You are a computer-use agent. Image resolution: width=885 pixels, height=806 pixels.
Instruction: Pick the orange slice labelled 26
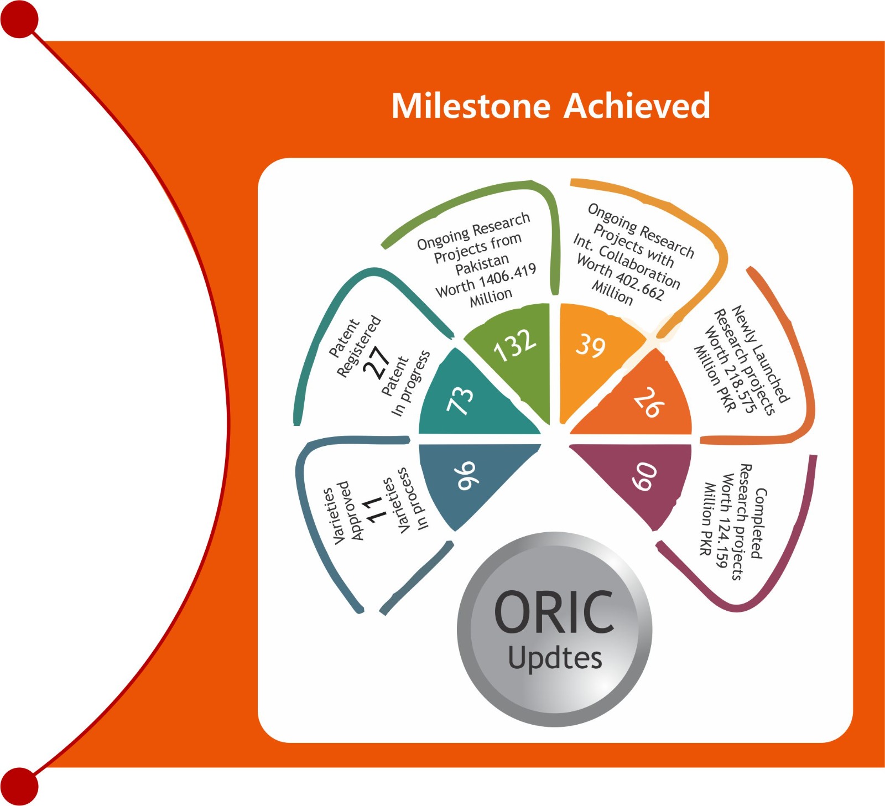[647, 401]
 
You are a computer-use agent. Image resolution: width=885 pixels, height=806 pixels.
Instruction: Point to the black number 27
[377, 362]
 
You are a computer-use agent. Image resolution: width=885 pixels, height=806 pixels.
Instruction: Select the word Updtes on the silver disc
[555, 659]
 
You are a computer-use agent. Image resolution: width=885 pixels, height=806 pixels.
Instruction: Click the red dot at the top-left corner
[19, 19]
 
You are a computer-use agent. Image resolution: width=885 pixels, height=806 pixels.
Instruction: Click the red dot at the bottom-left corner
[19, 786]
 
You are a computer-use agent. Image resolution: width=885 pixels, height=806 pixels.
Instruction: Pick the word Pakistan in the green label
[482, 264]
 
